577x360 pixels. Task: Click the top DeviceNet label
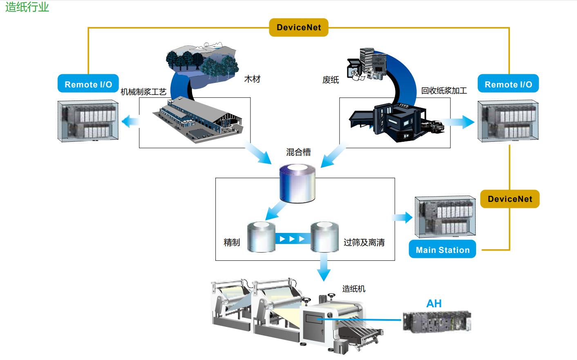(x=299, y=27)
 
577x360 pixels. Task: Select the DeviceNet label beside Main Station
(x=510, y=199)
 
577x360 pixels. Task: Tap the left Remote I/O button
(x=88, y=84)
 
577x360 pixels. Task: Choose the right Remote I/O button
(x=508, y=84)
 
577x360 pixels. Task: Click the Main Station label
(x=443, y=250)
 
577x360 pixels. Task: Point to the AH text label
(x=434, y=304)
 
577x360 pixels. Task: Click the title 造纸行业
(x=27, y=7)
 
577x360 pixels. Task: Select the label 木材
(x=252, y=79)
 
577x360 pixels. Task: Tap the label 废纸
(x=331, y=80)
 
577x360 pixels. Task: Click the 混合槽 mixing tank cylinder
(x=297, y=183)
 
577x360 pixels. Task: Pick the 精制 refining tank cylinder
(x=261, y=237)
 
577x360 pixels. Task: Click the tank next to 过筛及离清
(x=324, y=237)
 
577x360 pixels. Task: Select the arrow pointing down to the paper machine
(x=324, y=268)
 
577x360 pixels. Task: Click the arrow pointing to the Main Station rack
(x=403, y=217)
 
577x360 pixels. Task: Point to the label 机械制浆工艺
(x=143, y=92)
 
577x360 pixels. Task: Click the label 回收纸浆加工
(x=444, y=91)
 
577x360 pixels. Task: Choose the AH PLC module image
(x=436, y=322)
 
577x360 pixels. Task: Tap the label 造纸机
(x=353, y=289)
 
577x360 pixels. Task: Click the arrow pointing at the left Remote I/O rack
(x=130, y=121)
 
